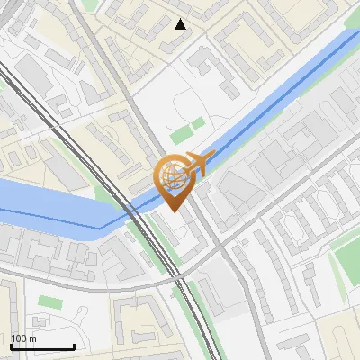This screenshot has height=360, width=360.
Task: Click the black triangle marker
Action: (x=181, y=24)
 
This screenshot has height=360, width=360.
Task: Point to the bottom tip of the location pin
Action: (x=172, y=211)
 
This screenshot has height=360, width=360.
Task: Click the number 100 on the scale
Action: (x=19, y=338)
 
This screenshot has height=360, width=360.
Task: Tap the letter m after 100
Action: (x=32, y=338)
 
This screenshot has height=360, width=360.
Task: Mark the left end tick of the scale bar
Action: (x=10, y=346)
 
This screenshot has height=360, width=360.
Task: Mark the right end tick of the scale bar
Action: (x=74, y=346)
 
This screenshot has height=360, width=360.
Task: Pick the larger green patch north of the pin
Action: (x=183, y=134)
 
